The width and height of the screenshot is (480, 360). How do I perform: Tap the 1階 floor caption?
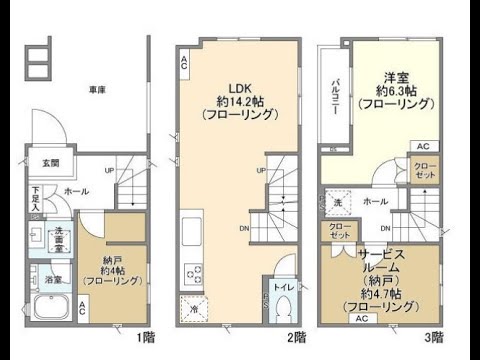click(x=145, y=338)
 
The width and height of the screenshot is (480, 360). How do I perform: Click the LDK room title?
click(x=238, y=86)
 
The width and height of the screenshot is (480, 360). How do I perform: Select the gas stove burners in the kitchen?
click(x=191, y=274)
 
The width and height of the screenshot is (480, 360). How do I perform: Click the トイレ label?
click(x=283, y=287)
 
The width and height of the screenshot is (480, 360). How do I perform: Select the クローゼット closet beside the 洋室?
click(x=423, y=169)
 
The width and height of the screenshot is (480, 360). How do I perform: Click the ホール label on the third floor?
click(x=377, y=202)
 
